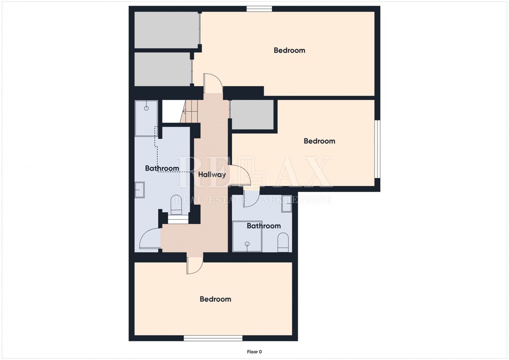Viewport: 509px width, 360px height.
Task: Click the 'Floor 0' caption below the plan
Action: tap(255, 352)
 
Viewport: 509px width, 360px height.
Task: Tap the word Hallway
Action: tap(212, 174)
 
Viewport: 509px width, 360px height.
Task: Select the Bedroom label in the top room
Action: tap(289, 50)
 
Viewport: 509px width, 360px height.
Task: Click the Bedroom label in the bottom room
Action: tap(215, 299)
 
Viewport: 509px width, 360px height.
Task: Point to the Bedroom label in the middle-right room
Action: tap(319, 141)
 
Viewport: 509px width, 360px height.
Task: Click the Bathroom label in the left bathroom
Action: tap(162, 169)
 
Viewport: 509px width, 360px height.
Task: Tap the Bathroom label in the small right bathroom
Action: tap(264, 226)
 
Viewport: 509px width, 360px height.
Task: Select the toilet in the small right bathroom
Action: tap(282, 244)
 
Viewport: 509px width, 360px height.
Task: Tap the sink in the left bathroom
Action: tap(140, 189)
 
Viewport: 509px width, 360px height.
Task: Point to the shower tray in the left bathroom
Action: tap(146, 118)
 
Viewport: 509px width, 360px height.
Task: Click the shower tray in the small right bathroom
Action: tap(247, 236)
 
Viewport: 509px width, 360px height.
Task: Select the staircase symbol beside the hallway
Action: tap(191, 111)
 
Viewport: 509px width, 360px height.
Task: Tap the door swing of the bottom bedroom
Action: tap(195, 265)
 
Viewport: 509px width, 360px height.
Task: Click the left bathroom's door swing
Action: tap(150, 239)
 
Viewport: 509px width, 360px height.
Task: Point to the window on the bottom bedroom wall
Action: tap(213, 338)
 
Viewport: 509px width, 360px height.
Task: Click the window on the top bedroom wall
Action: tap(259, 8)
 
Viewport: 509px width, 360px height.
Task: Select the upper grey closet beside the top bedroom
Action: tap(166, 30)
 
